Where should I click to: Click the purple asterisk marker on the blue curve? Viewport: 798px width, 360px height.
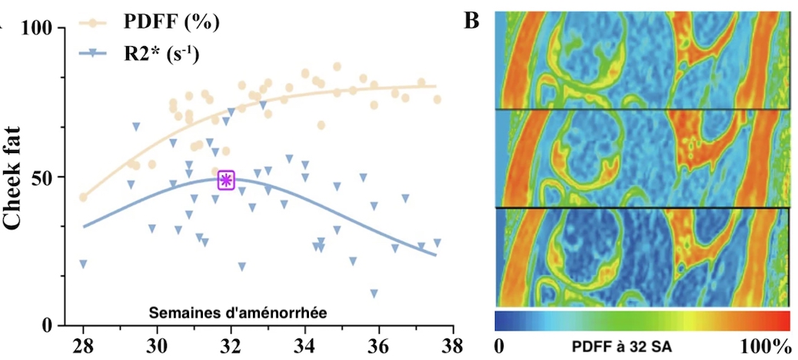pyautogui.click(x=227, y=180)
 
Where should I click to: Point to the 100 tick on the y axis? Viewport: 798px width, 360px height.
pyautogui.click(x=38, y=28)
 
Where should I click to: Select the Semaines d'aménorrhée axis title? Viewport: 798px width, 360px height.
pyautogui.click(x=238, y=312)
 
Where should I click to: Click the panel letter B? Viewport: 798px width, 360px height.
pyautogui.click(x=472, y=21)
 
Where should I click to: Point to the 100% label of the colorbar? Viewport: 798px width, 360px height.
pyautogui.click(x=764, y=347)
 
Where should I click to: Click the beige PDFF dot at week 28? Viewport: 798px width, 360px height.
pyautogui.click(x=83, y=197)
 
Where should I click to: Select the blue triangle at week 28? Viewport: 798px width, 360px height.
pyautogui.click(x=83, y=264)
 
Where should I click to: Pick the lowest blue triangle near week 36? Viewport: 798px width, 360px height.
pyautogui.click(x=374, y=293)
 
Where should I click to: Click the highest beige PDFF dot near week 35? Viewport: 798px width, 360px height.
pyautogui.click(x=337, y=67)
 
